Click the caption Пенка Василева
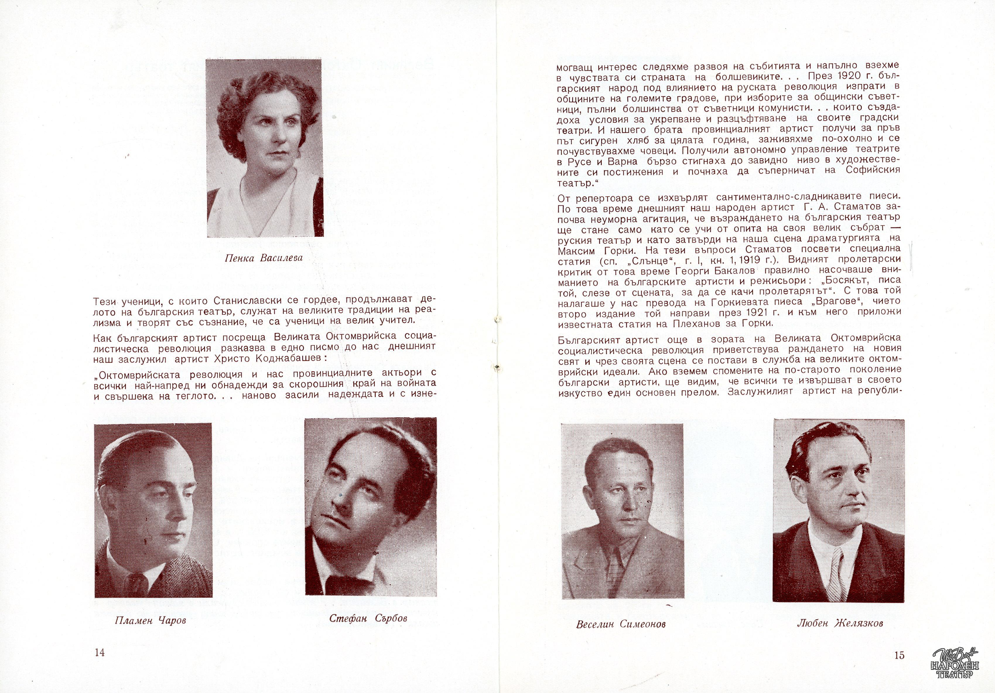click(x=264, y=258)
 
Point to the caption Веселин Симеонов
click(x=620, y=624)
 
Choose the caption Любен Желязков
click(x=840, y=624)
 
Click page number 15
click(x=899, y=655)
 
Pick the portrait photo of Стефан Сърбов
click(x=370, y=507)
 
